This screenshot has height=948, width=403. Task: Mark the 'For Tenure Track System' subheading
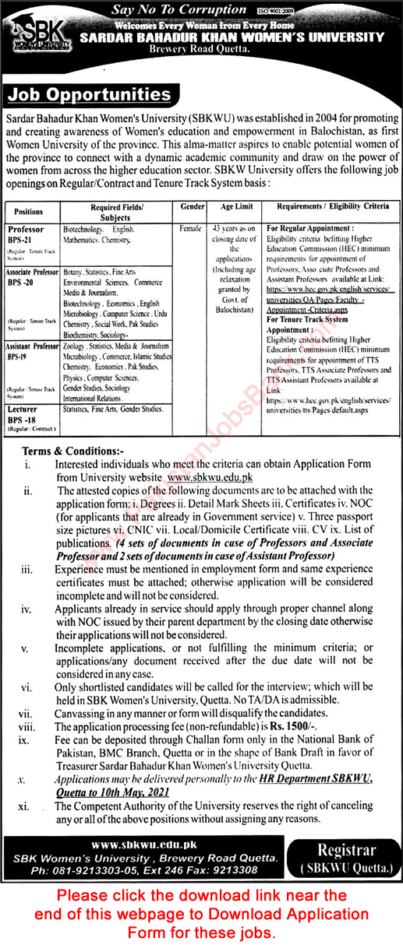click(x=307, y=318)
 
